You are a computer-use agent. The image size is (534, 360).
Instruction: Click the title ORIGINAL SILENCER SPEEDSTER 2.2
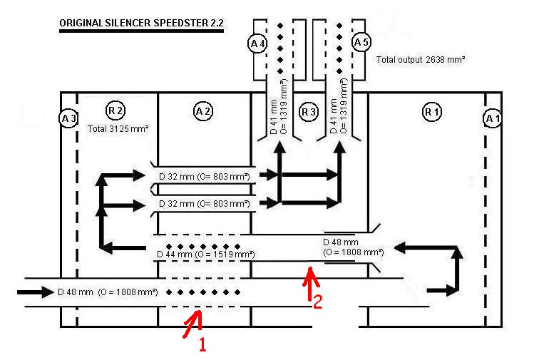pyautogui.click(x=141, y=24)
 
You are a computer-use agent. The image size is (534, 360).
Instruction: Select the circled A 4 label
pyautogui.click(x=257, y=43)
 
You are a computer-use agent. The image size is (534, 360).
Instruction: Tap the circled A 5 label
pyautogui.click(x=361, y=43)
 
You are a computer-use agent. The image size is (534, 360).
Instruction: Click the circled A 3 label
pyautogui.click(x=68, y=118)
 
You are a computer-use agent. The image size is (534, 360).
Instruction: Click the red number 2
pyautogui.click(x=319, y=301)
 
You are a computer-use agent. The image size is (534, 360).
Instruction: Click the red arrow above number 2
pyautogui.click(x=309, y=282)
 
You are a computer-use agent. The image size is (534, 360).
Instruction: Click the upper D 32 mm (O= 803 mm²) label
pyautogui.click(x=204, y=175)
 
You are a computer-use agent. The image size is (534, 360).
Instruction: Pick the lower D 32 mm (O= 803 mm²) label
pyautogui.click(x=204, y=204)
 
